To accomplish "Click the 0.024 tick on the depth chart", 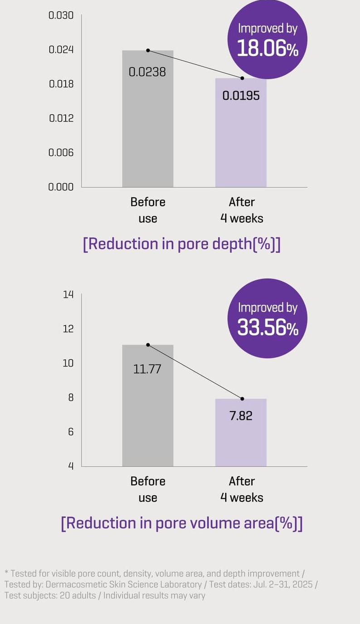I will pos(61,49).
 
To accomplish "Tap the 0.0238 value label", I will pos(147,72).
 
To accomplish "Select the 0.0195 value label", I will pos(241,96).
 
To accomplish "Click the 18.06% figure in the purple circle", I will pos(268,48).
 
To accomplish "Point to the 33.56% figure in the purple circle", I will pos(268,327).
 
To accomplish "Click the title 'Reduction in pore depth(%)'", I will pos(182,244).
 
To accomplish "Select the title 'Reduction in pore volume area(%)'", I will pos(182,523).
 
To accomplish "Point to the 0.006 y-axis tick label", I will pos(61,152).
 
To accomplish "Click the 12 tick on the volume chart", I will pos(68,329).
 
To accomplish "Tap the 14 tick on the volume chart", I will pos(68,294).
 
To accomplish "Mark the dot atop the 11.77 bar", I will pos(148,345).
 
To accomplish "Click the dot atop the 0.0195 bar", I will pos(242,78).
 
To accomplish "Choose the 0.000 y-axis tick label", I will pos(61,187).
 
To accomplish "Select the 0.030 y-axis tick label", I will pos(61,15).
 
